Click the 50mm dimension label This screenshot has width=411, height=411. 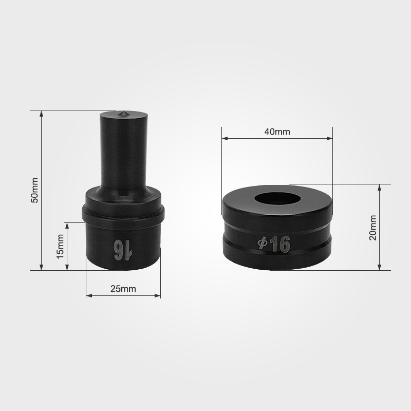coord(34,190)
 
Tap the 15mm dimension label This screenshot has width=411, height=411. coord(60,247)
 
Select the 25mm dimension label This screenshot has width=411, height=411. coord(123,289)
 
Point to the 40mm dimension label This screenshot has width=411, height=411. coord(277,132)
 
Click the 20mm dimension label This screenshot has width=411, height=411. coord(372,228)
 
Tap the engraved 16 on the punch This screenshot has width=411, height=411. coord(123,250)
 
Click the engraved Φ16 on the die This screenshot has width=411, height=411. coord(274,244)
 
